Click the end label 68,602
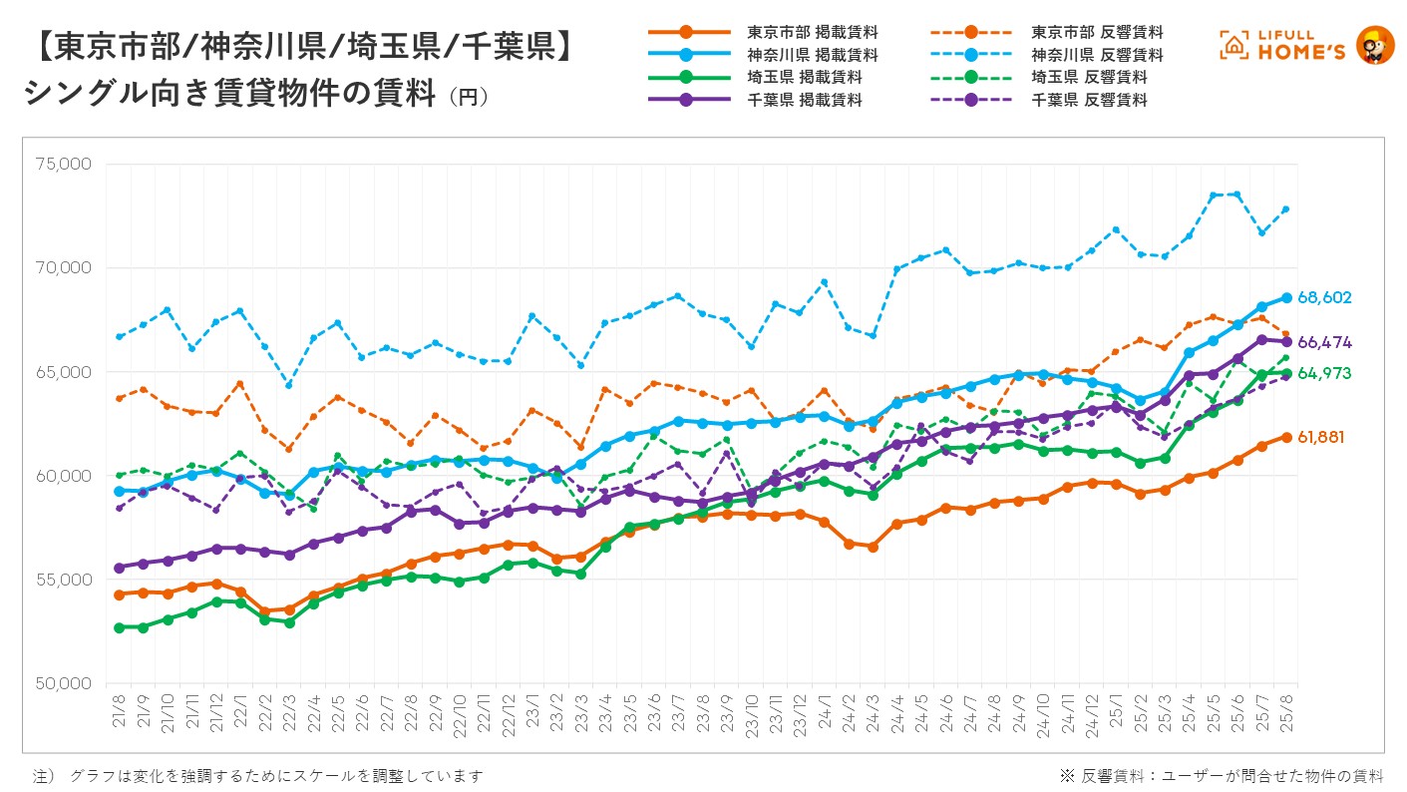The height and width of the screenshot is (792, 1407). tap(1324, 297)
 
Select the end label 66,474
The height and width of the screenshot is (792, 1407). tap(1324, 342)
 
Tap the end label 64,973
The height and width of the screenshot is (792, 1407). tap(1324, 373)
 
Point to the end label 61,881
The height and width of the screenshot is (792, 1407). tap(1324, 437)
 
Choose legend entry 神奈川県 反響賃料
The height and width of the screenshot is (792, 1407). tap(1097, 55)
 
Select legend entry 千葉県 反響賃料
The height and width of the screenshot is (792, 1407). tap(1089, 100)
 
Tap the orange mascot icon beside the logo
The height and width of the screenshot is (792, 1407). tap(1376, 45)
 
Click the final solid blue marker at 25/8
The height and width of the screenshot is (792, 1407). tap(1287, 297)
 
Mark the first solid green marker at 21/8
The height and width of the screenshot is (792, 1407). tap(120, 627)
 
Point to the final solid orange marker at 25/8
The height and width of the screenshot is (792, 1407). tap(1287, 437)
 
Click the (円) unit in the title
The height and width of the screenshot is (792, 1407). tap(469, 98)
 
